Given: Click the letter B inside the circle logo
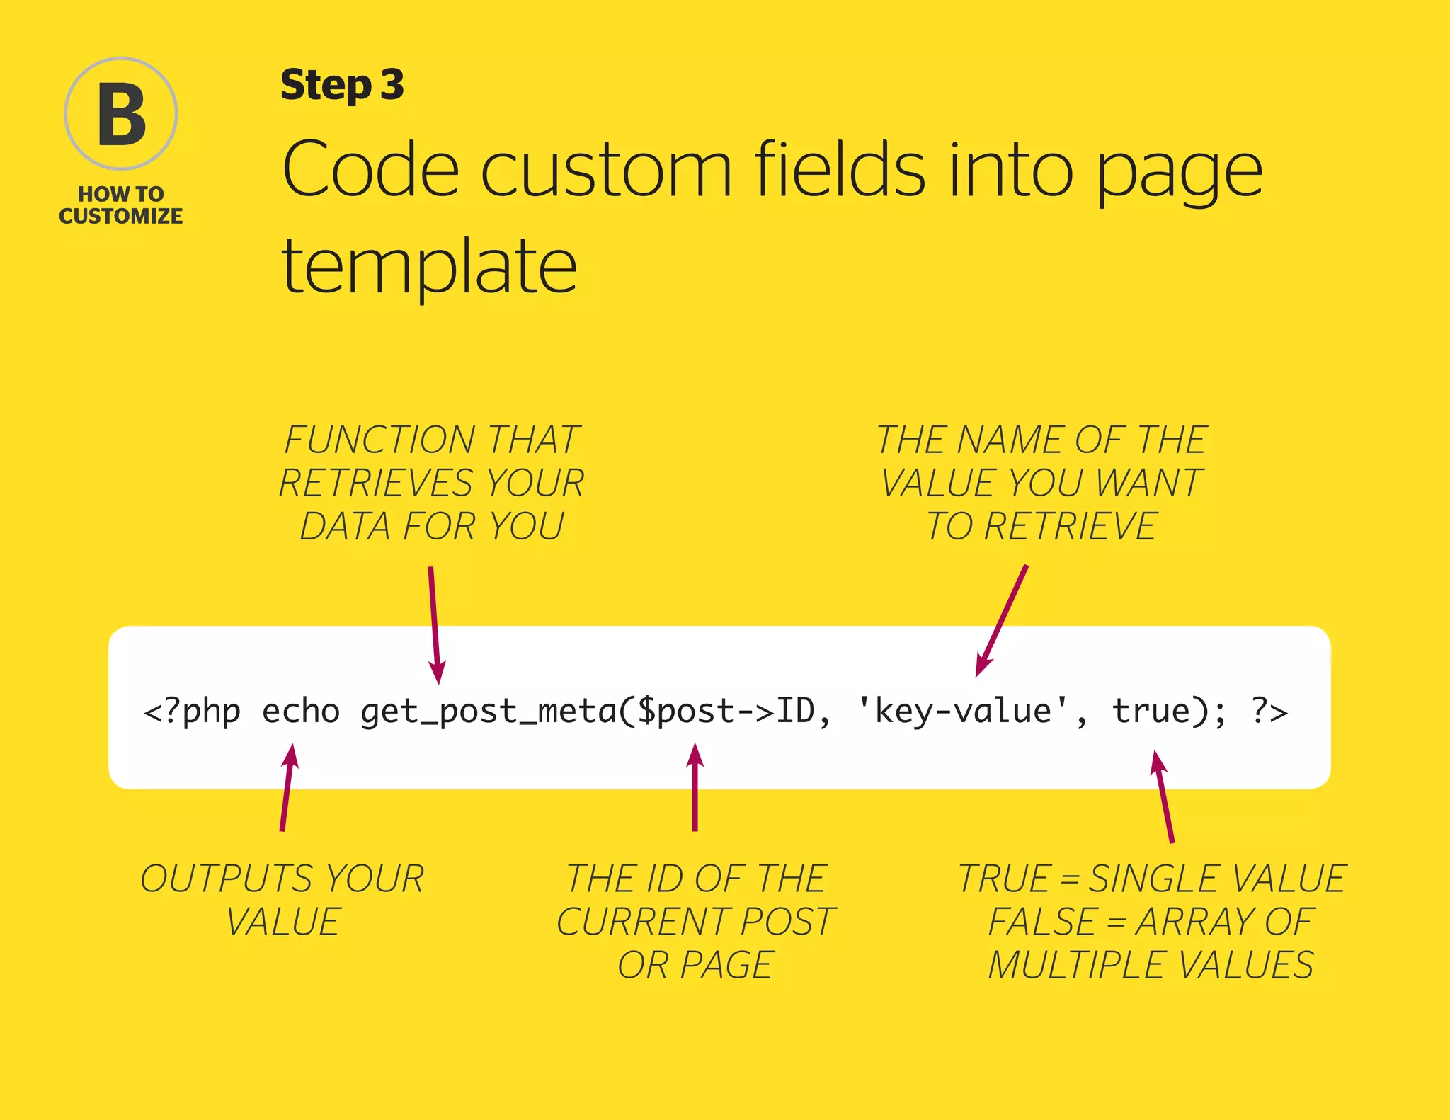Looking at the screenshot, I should click(x=121, y=114).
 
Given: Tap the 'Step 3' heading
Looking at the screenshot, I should click(x=342, y=85).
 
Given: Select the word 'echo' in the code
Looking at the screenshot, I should click(x=301, y=711).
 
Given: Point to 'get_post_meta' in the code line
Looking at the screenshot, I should click(x=489, y=712).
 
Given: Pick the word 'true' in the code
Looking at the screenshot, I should click(x=1151, y=711).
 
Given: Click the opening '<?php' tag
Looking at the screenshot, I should click(x=192, y=712).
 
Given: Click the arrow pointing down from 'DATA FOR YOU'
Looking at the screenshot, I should click(x=435, y=623).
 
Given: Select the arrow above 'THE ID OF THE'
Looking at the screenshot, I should click(x=695, y=786).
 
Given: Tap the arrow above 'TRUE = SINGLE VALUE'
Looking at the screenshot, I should click(x=1164, y=796).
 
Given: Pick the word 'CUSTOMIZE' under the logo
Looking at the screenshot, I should click(x=121, y=216).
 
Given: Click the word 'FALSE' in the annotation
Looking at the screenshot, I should click(x=1042, y=922).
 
